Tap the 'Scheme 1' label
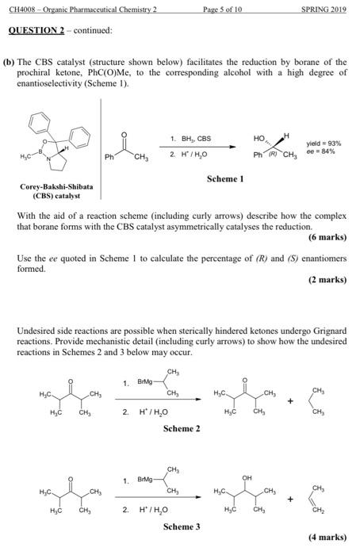(224, 179)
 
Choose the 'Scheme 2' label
(181, 429)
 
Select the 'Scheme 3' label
(181, 525)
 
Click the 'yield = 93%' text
(325, 144)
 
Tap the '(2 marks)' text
(327, 280)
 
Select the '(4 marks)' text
(327, 536)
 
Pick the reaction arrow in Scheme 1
(198, 147)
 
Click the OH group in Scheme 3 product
(250, 478)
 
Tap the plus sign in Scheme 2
(290, 401)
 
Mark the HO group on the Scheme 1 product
(259, 138)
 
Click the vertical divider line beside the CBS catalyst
(101, 143)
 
